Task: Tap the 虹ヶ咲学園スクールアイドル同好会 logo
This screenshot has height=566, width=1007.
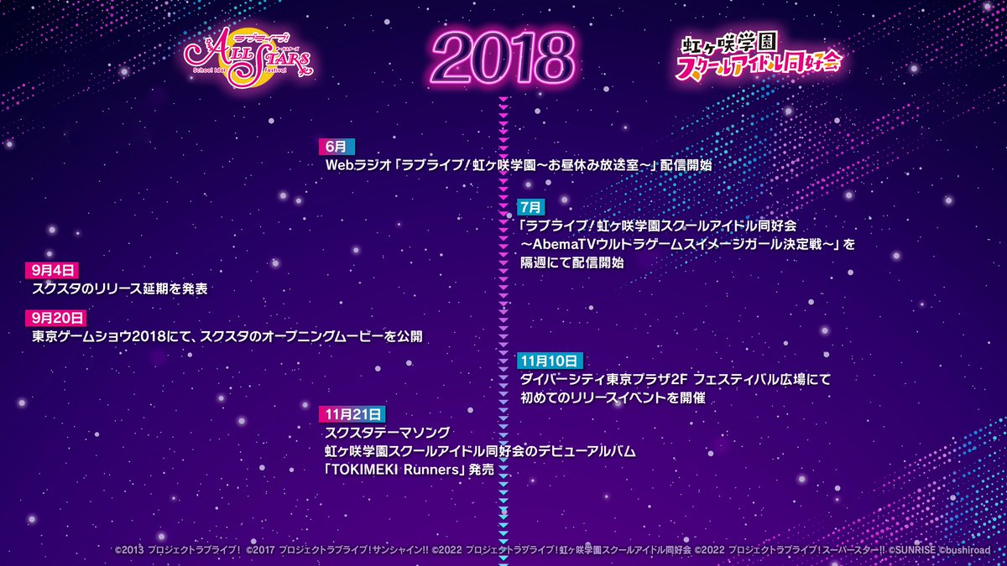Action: (x=759, y=58)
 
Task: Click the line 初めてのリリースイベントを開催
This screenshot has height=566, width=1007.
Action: (x=612, y=398)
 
